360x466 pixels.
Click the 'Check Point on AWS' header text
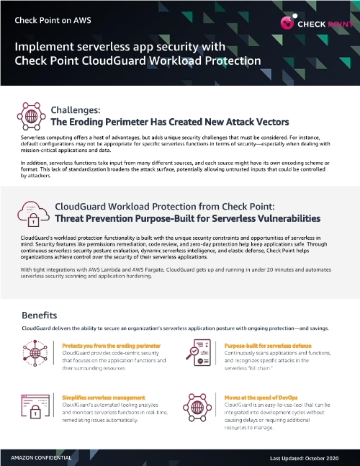49,20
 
